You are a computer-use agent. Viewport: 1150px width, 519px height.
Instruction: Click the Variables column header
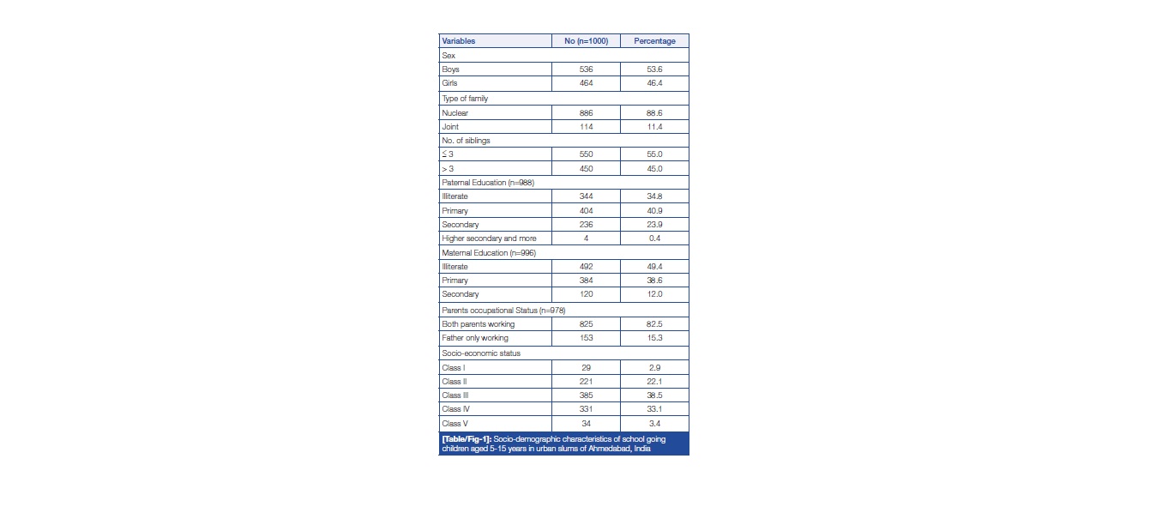pyautogui.click(x=458, y=41)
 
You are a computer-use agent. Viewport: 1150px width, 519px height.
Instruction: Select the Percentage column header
pyautogui.click(x=654, y=41)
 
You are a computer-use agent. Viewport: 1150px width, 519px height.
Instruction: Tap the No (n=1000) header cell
pyautogui.click(x=586, y=41)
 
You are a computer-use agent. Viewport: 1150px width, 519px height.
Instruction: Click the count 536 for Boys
pyautogui.click(x=586, y=69)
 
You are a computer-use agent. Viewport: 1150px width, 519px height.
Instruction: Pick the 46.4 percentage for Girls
pyautogui.click(x=654, y=84)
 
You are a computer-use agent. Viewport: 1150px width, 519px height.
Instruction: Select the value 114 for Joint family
pyautogui.click(x=586, y=126)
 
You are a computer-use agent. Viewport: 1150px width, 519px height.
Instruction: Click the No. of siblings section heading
pyautogui.click(x=467, y=141)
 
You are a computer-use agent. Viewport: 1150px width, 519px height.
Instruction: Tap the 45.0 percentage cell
pyautogui.click(x=654, y=169)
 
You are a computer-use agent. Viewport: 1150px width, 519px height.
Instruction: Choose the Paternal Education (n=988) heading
pyautogui.click(x=485, y=183)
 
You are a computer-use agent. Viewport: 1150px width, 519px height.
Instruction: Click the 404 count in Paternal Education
pyautogui.click(x=586, y=210)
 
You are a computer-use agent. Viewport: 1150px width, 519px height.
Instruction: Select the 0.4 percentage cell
pyautogui.click(x=654, y=238)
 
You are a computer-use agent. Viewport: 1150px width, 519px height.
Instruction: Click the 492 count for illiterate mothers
pyautogui.click(x=586, y=267)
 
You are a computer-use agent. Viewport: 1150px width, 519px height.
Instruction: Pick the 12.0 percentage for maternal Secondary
pyautogui.click(x=654, y=294)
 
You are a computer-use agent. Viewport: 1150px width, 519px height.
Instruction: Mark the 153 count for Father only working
pyautogui.click(x=586, y=338)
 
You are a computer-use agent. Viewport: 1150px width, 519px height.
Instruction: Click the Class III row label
pyautogui.click(x=455, y=395)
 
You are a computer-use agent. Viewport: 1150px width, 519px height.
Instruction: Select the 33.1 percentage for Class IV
pyautogui.click(x=654, y=409)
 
